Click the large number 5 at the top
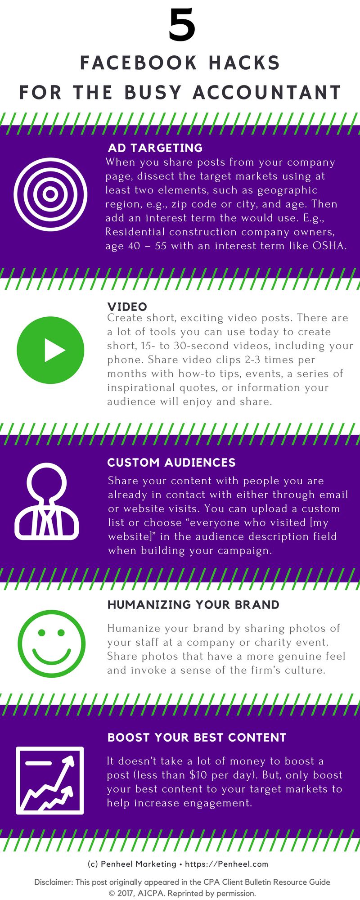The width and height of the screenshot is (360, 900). pos(182,26)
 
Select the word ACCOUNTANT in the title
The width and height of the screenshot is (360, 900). pos(267,92)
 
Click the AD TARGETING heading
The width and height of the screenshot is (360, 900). pos(155,148)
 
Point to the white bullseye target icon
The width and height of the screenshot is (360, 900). pos(50,194)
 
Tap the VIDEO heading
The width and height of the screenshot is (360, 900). pos(127,307)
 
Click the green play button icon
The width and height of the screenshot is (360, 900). pos(50,350)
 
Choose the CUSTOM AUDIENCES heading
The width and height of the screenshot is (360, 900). pos(171,463)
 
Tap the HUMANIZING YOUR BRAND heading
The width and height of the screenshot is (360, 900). pos(193,605)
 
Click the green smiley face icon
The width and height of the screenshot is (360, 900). pos(51,643)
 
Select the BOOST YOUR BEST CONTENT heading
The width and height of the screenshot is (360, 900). pos(197,738)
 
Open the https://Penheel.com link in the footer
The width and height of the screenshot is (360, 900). pos(227,864)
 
